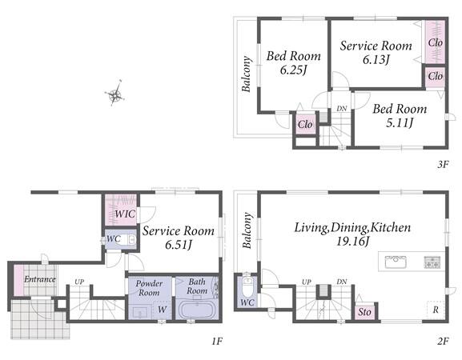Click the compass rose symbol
(x=114, y=94)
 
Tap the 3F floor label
(x=443, y=164)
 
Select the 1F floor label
(x=216, y=342)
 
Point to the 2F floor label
(x=443, y=342)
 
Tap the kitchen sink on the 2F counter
(x=396, y=262)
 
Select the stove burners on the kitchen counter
(x=432, y=262)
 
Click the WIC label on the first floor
(x=125, y=214)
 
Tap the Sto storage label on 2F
(x=364, y=312)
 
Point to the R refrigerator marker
(x=436, y=310)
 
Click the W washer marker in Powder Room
(x=162, y=310)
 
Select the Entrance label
(x=39, y=279)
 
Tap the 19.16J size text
(x=352, y=242)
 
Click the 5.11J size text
(x=400, y=122)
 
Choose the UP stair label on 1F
(x=79, y=282)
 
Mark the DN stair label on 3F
(x=341, y=109)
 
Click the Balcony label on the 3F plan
(x=247, y=74)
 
